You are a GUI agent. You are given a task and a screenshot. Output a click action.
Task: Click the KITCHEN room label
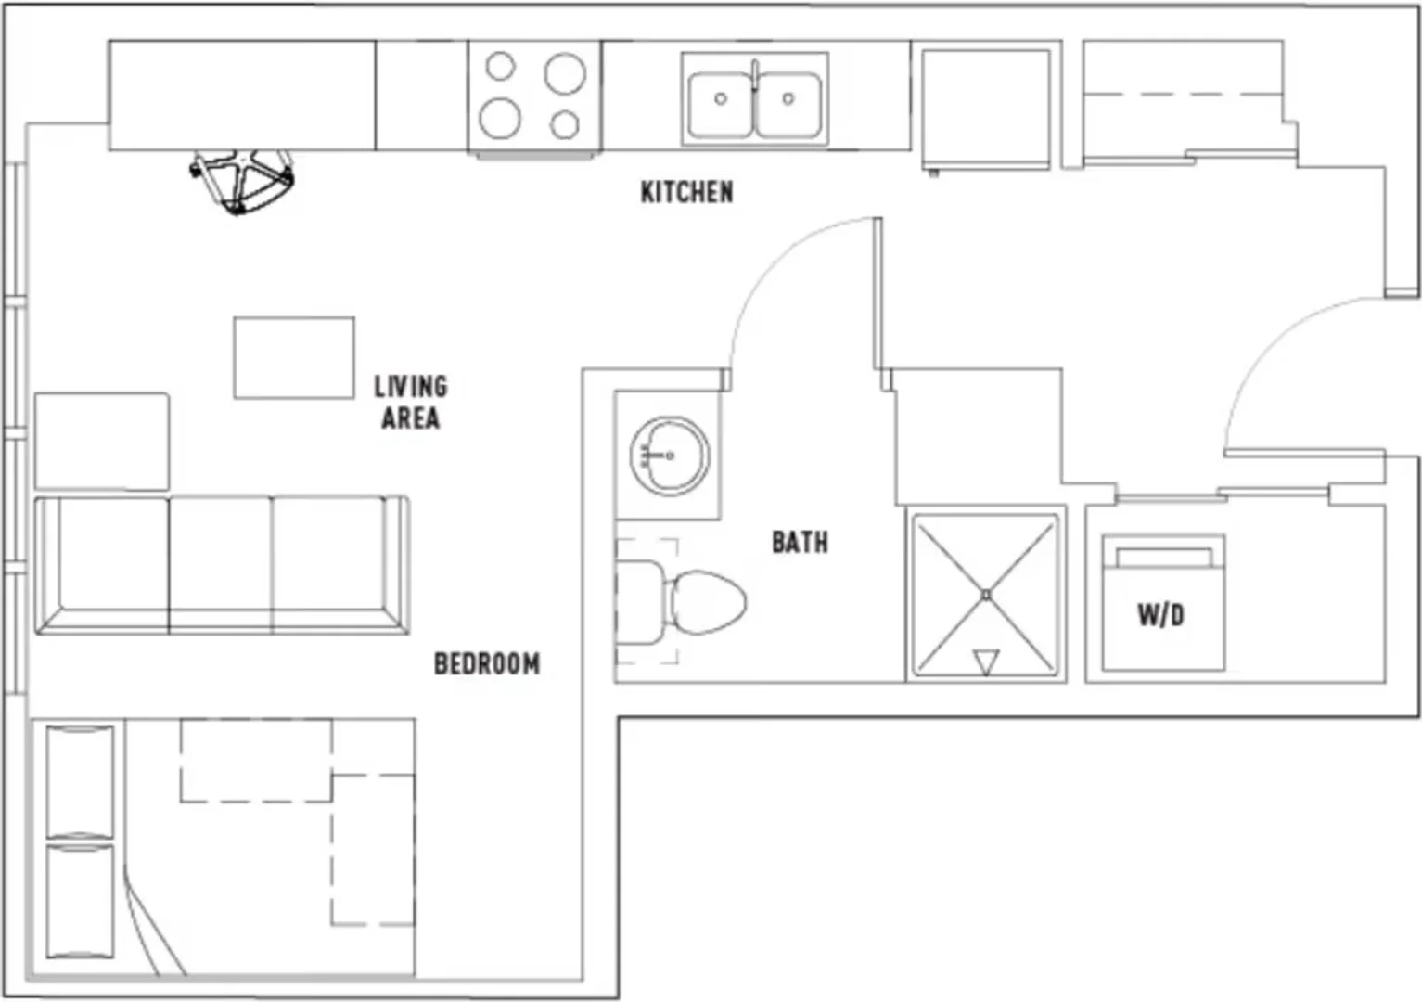coord(686,192)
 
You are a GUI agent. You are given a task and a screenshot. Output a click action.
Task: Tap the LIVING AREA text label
coord(411,403)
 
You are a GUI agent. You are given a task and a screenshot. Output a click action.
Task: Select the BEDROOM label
coord(487,664)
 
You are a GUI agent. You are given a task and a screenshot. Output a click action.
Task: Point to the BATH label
coord(800,542)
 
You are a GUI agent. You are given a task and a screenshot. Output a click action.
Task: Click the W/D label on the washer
coord(1161,615)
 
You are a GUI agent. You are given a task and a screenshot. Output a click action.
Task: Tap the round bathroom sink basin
coord(670,456)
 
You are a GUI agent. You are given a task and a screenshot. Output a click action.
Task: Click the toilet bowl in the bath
coord(705,602)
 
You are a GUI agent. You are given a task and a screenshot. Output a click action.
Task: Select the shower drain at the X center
coord(986,595)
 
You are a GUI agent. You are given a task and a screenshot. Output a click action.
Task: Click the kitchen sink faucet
coord(755,76)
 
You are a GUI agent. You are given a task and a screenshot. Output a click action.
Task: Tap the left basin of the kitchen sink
coord(721,105)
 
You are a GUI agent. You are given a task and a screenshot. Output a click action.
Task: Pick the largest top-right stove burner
coord(565,73)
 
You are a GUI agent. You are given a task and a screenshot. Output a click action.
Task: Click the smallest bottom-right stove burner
coord(564,124)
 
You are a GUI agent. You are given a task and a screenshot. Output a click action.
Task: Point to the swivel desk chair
coord(242,181)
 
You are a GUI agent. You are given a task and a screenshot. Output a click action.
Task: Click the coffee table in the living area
coord(294,358)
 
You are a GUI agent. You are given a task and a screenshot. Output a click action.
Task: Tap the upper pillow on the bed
coord(81,782)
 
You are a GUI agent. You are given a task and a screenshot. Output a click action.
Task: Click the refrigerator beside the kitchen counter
coord(986,109)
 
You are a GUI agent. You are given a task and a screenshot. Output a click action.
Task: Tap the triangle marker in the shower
coord(986,662)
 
